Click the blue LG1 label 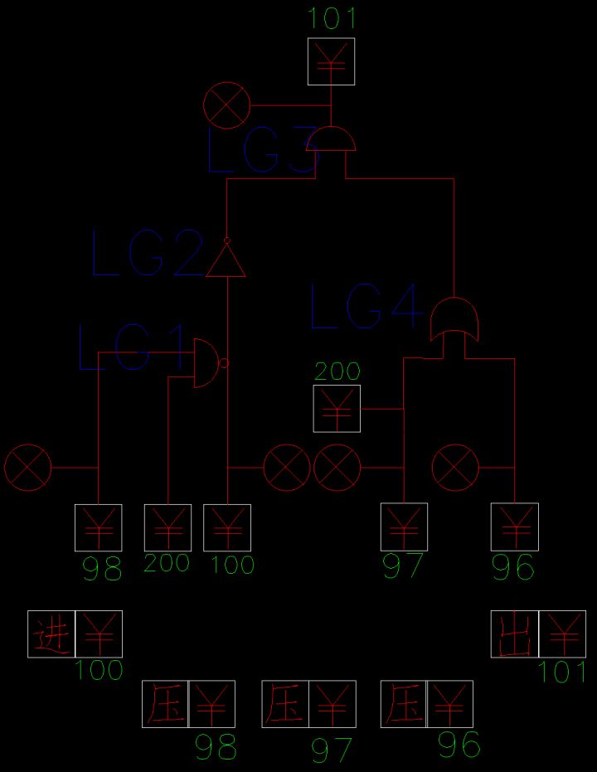[x=131, y=347]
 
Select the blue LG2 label [x=148, y=254]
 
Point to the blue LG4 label [x=366, y=306]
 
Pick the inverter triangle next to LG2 [x=226, y=258]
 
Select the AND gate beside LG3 [x=331, y=138]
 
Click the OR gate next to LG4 [x=454, y=319]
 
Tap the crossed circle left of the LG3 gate [x=227, y=106]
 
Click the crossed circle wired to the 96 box [x=455, y=468]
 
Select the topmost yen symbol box [x=331, y=61]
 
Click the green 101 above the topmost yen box [x=331, y=19]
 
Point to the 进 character [x=51, y=634]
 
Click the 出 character [x=515, y=634]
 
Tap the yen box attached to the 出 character [x=562, y=634]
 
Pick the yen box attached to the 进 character [x=99, y=634]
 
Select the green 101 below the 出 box [x=562, y=672]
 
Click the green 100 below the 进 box [x=99, y=671]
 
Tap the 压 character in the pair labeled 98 [x=165, y=704]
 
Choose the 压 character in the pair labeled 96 [x=404, y=704]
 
